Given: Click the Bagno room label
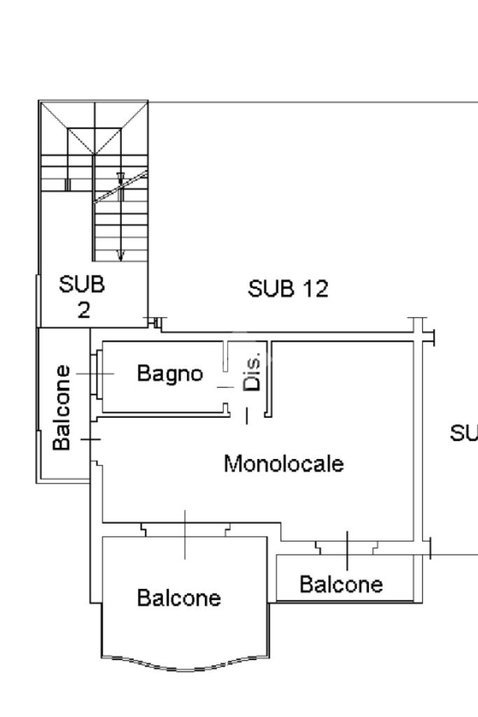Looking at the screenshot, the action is click(170, 374).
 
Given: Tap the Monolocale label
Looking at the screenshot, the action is click(283, 464).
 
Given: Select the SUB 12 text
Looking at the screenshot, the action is click(288, 289).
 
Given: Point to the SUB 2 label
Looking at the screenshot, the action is click(82, 296).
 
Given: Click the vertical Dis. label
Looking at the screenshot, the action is click(252, 371).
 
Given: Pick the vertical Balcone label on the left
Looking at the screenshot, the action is click(62, 407).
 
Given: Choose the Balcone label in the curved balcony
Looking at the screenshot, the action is click(179, 598).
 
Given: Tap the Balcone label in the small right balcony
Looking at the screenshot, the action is click(341, 585).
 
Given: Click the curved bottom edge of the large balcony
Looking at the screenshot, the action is click(185, 665).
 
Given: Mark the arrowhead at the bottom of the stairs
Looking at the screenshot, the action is click(120, 256).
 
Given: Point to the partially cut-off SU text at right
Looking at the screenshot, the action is click(464, 433).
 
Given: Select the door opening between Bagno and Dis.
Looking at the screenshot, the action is click(225, 388).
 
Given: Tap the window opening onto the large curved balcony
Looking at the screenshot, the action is click(185, 530).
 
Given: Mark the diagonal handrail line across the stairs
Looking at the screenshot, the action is click(121, 186).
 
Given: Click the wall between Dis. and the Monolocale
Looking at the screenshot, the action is click(269, 379).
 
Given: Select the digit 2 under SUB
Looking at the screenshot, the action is click(83, 310).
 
